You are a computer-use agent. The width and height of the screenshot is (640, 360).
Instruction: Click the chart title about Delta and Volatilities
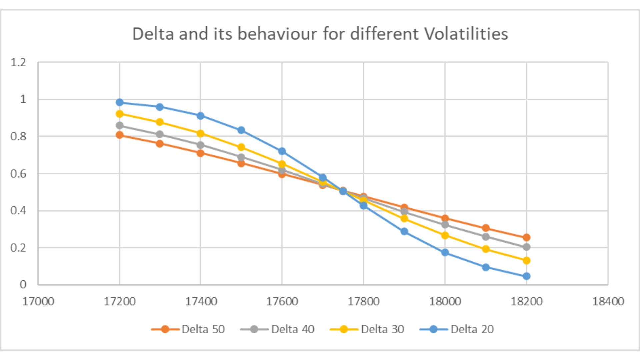320,34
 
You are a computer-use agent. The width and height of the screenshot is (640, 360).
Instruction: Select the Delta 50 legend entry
188,329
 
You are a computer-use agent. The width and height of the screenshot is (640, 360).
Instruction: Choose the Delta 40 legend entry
277,329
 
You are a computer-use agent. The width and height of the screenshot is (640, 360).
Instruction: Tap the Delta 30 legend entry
367,329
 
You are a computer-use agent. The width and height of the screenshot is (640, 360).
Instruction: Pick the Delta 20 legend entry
457,329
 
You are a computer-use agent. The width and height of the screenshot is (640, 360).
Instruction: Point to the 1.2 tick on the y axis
18,62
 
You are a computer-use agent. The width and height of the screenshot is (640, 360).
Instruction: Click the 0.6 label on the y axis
18,174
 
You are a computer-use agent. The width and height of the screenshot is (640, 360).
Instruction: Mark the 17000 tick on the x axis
38,301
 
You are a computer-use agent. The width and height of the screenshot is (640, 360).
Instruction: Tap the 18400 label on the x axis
608,301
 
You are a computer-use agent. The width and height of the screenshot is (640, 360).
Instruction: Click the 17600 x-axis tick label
282,301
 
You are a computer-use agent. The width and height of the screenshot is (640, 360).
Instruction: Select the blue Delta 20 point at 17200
120,102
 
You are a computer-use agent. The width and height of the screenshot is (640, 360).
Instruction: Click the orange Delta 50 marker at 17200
120,135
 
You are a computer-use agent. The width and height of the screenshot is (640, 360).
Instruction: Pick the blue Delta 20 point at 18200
526,276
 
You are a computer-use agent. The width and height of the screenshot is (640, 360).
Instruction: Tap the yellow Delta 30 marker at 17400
200,134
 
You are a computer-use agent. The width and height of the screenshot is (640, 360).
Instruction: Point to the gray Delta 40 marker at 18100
486,237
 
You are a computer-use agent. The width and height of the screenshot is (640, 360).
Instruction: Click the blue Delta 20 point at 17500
241,130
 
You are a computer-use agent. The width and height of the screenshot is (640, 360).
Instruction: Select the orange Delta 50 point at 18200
526,238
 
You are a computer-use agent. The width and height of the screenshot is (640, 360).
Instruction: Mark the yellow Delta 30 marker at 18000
445,235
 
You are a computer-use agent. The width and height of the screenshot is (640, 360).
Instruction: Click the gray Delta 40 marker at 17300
160,134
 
